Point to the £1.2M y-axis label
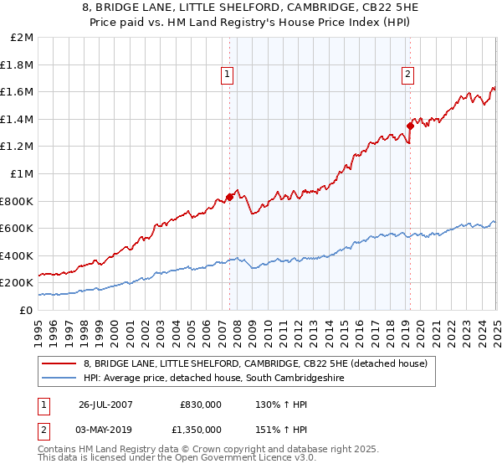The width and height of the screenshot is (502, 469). click(18, 147)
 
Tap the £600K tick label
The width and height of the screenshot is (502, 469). click(18, 228)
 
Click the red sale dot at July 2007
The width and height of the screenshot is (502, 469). click(230, 197)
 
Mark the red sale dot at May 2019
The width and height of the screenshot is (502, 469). click(410, 126)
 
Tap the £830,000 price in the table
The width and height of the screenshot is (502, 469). click(201, 404)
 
